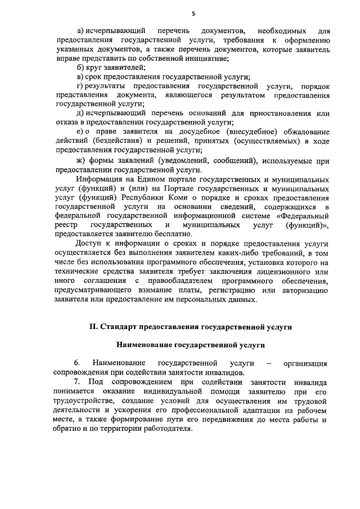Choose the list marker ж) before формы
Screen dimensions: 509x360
pos(82,161)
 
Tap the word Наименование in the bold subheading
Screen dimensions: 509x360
pos(142,345)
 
